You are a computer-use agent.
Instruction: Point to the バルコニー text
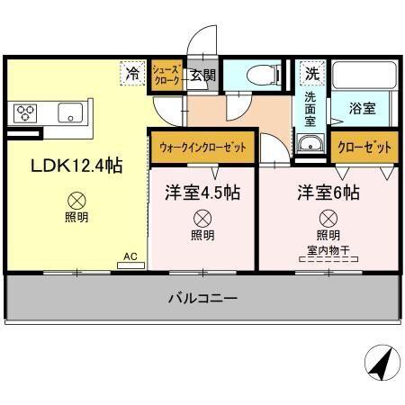(x=202, y=297)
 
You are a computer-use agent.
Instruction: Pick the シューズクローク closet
(x=167, y=74)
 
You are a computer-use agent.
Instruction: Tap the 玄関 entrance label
(x=202, y=75)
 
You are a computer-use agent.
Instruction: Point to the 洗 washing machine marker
(x=310, y=73)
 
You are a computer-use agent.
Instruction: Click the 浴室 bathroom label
(x=362, y=108)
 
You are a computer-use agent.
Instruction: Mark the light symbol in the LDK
(x=77, y=202)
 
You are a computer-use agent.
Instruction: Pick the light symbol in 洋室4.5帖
(x=202, y=217)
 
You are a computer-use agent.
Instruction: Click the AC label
(x=130, y=256)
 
